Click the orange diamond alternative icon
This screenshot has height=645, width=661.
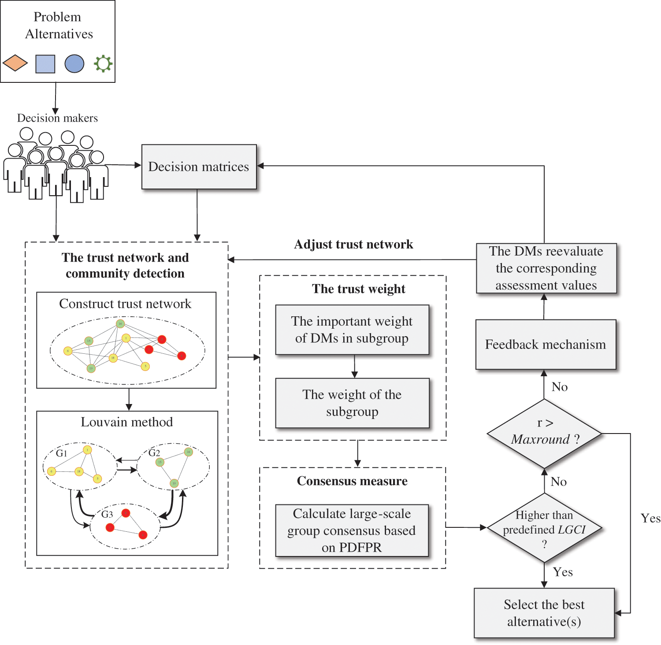(15, 63)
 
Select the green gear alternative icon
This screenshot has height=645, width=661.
(103, 63)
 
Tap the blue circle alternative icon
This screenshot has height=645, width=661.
(74, 63)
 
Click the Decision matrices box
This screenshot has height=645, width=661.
(199, 167)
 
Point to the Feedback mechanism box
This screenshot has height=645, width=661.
(546, 345)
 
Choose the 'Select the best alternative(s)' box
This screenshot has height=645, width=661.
(544, 613)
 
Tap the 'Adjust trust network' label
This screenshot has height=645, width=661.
(353, 245)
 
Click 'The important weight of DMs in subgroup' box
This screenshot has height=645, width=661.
(352, 330)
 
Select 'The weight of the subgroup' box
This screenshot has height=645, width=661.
(352, 403)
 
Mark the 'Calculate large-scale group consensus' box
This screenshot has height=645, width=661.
(352, 530)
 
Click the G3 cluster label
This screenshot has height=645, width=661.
(107, 514)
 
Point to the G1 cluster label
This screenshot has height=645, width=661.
(62, 453)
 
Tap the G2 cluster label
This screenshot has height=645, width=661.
(154, 452)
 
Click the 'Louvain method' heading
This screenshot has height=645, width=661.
(127, 422)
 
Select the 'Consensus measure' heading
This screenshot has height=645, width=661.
(352, 481)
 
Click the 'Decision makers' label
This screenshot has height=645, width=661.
(57, 118)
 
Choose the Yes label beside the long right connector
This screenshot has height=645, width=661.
(650, 519)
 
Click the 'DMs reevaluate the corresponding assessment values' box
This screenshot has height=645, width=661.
(546, 268)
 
